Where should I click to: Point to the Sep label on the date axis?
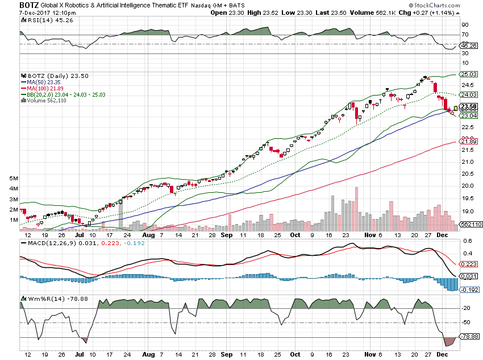[226, 234]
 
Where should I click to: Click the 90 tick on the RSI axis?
[464, 25]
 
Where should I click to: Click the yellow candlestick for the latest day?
[455, 107]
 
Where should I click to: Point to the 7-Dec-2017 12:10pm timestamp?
[34, 12]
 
